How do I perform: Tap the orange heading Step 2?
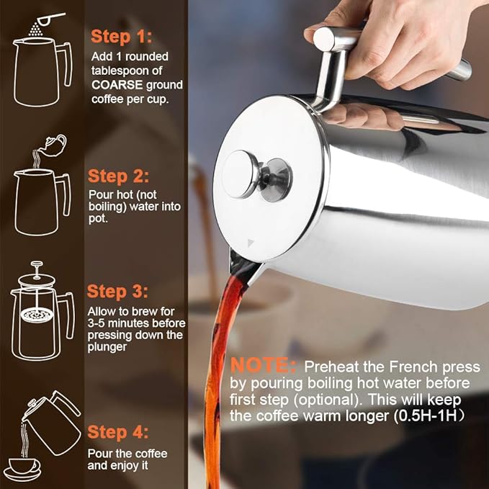tap(119, 176)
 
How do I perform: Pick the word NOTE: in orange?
tap(264, 365)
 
